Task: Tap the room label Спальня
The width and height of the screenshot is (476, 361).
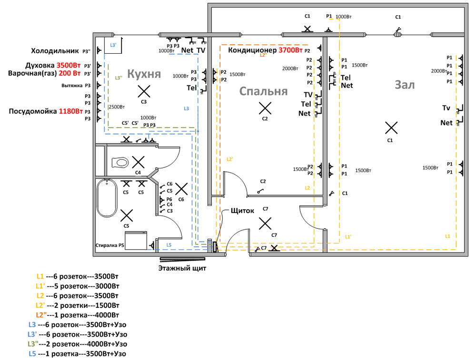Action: (x=263, y=91)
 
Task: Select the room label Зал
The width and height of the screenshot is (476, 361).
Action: (x=405, y=85)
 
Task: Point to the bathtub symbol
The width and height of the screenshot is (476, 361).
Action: (x=107, y=197)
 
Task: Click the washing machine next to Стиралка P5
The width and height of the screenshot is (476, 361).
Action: (x=137, y=240)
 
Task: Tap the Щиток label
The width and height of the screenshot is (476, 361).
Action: (x=242, y=210)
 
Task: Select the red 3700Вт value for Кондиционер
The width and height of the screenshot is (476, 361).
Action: (x=290, y=50)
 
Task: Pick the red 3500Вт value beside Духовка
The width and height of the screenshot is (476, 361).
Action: (x=69, y=65)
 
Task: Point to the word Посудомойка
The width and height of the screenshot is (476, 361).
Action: (x=32, y=111)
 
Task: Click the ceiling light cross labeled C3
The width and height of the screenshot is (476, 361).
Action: (x=143, y=90)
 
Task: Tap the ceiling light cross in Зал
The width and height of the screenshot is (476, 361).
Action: (x=391, y=127)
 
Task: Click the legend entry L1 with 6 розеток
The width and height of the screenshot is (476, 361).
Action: (x=77, y=276)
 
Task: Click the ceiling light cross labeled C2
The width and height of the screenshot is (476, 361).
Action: (x=265, y=108)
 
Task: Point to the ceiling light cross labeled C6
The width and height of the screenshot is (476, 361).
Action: (x=181, y=189)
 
